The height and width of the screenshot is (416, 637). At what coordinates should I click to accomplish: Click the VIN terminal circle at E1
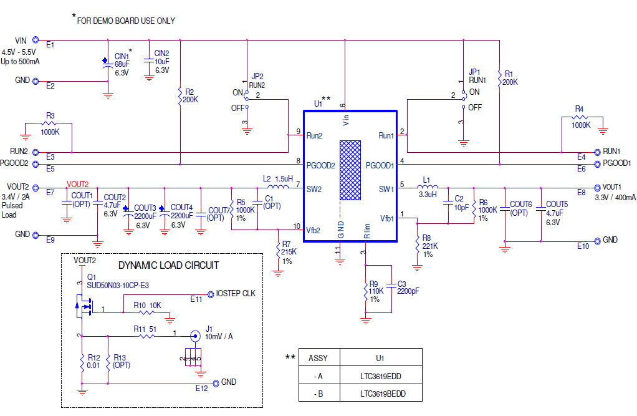coord(36,39)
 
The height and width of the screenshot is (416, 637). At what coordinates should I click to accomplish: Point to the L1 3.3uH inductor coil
coord(429,186)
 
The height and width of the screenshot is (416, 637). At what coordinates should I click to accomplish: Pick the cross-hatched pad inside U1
coord(350,170)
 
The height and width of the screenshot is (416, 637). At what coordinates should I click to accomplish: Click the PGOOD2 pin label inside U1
coord(320,165)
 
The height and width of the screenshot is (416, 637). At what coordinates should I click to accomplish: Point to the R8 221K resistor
coord(417,244)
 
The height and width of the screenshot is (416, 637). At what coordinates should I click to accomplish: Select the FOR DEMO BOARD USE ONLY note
coord(125,21)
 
